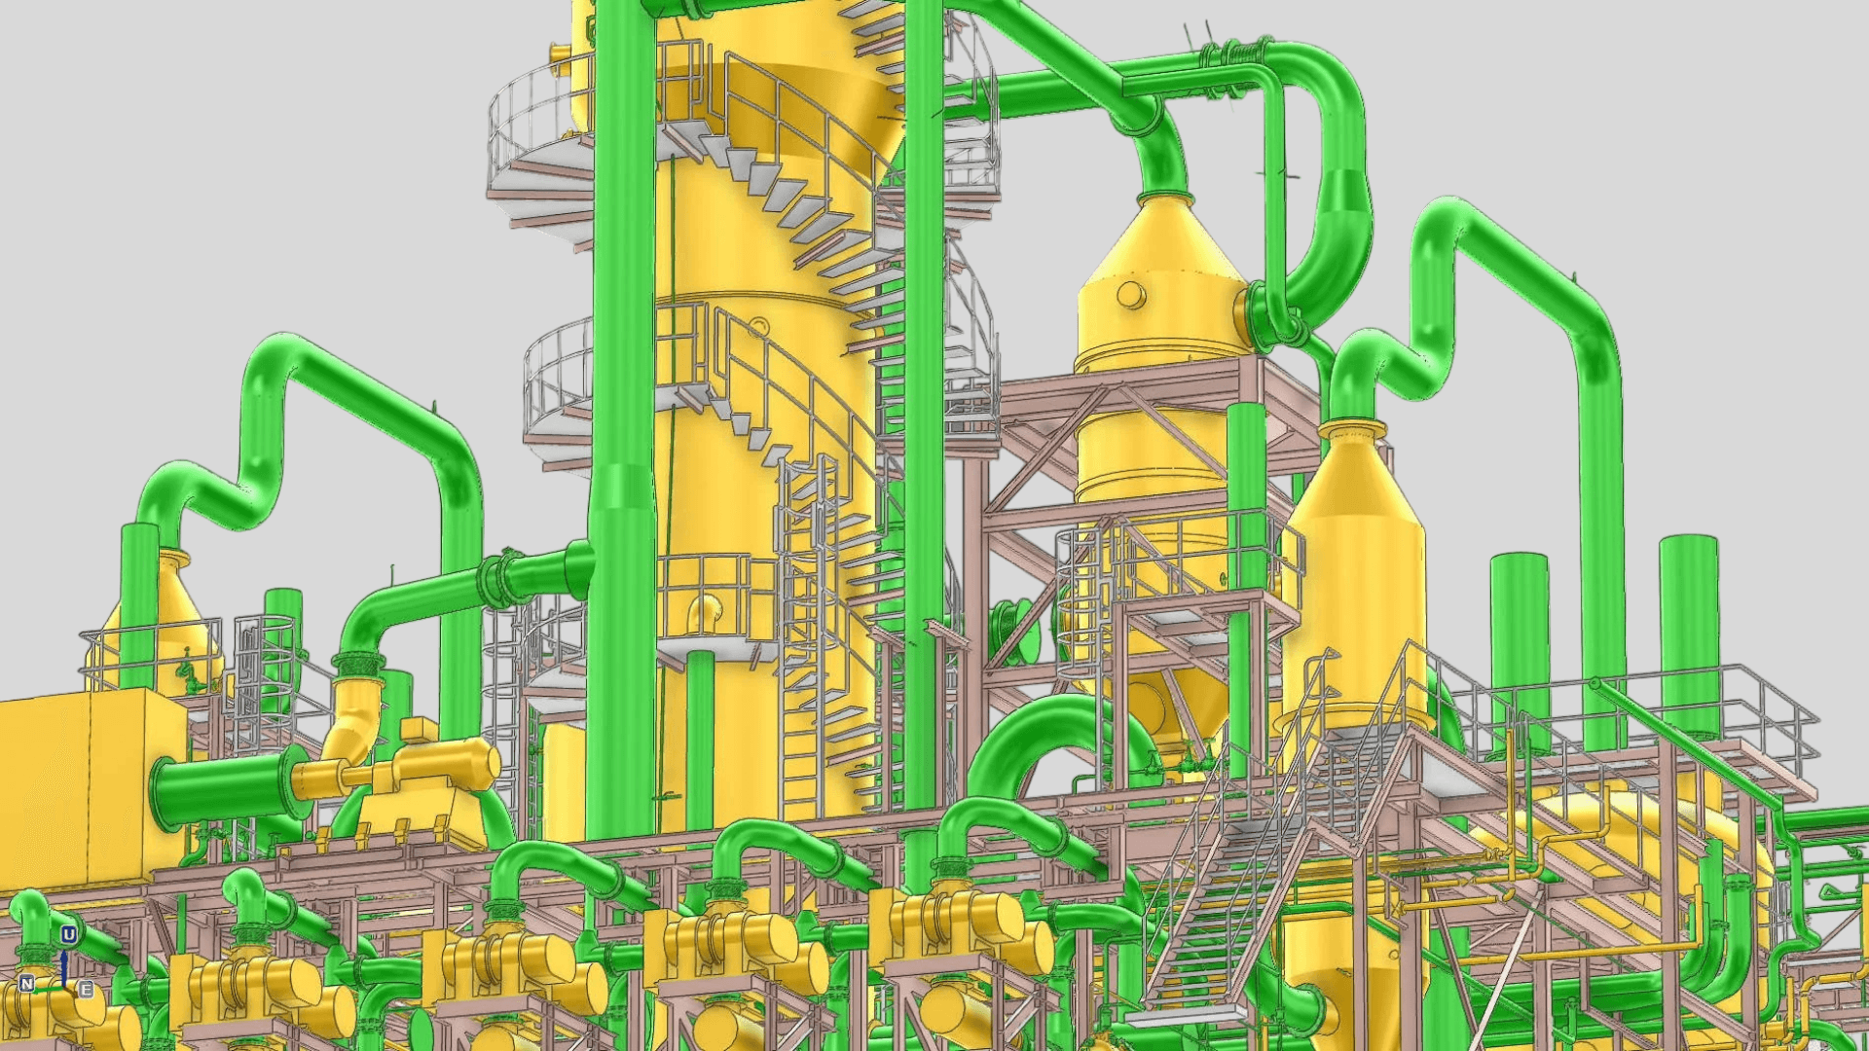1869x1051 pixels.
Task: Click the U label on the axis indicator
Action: point(68,935)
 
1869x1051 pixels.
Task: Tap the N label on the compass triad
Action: point(26,983)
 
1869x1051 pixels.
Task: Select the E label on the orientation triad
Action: point(86,990)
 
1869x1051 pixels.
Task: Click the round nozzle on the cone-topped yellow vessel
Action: point(1131,294)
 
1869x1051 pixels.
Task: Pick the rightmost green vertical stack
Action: point(1689,633)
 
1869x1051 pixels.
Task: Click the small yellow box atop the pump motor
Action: point(419,730)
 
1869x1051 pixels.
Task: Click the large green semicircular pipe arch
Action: point(1051,740)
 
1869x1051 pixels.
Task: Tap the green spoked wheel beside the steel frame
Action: point(1012,633)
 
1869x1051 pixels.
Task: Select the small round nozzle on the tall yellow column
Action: point(758,326)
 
